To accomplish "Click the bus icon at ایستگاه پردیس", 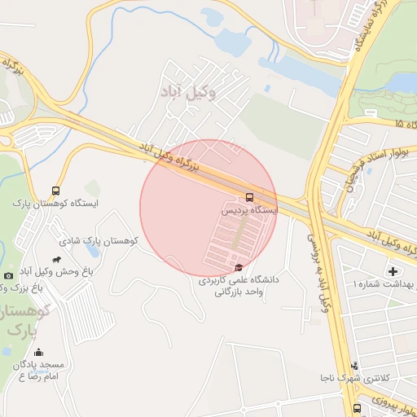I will click(249, 196).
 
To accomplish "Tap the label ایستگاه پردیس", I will click(251, 210).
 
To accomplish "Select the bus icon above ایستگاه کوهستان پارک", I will click(55, 190).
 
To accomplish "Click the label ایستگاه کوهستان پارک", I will click(55, 203).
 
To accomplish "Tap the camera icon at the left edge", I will click(8, 276).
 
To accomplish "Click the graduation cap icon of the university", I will click(238, 267).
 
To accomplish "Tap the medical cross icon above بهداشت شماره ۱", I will click(393, 271).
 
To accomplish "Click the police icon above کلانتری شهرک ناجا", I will click(353, 367).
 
